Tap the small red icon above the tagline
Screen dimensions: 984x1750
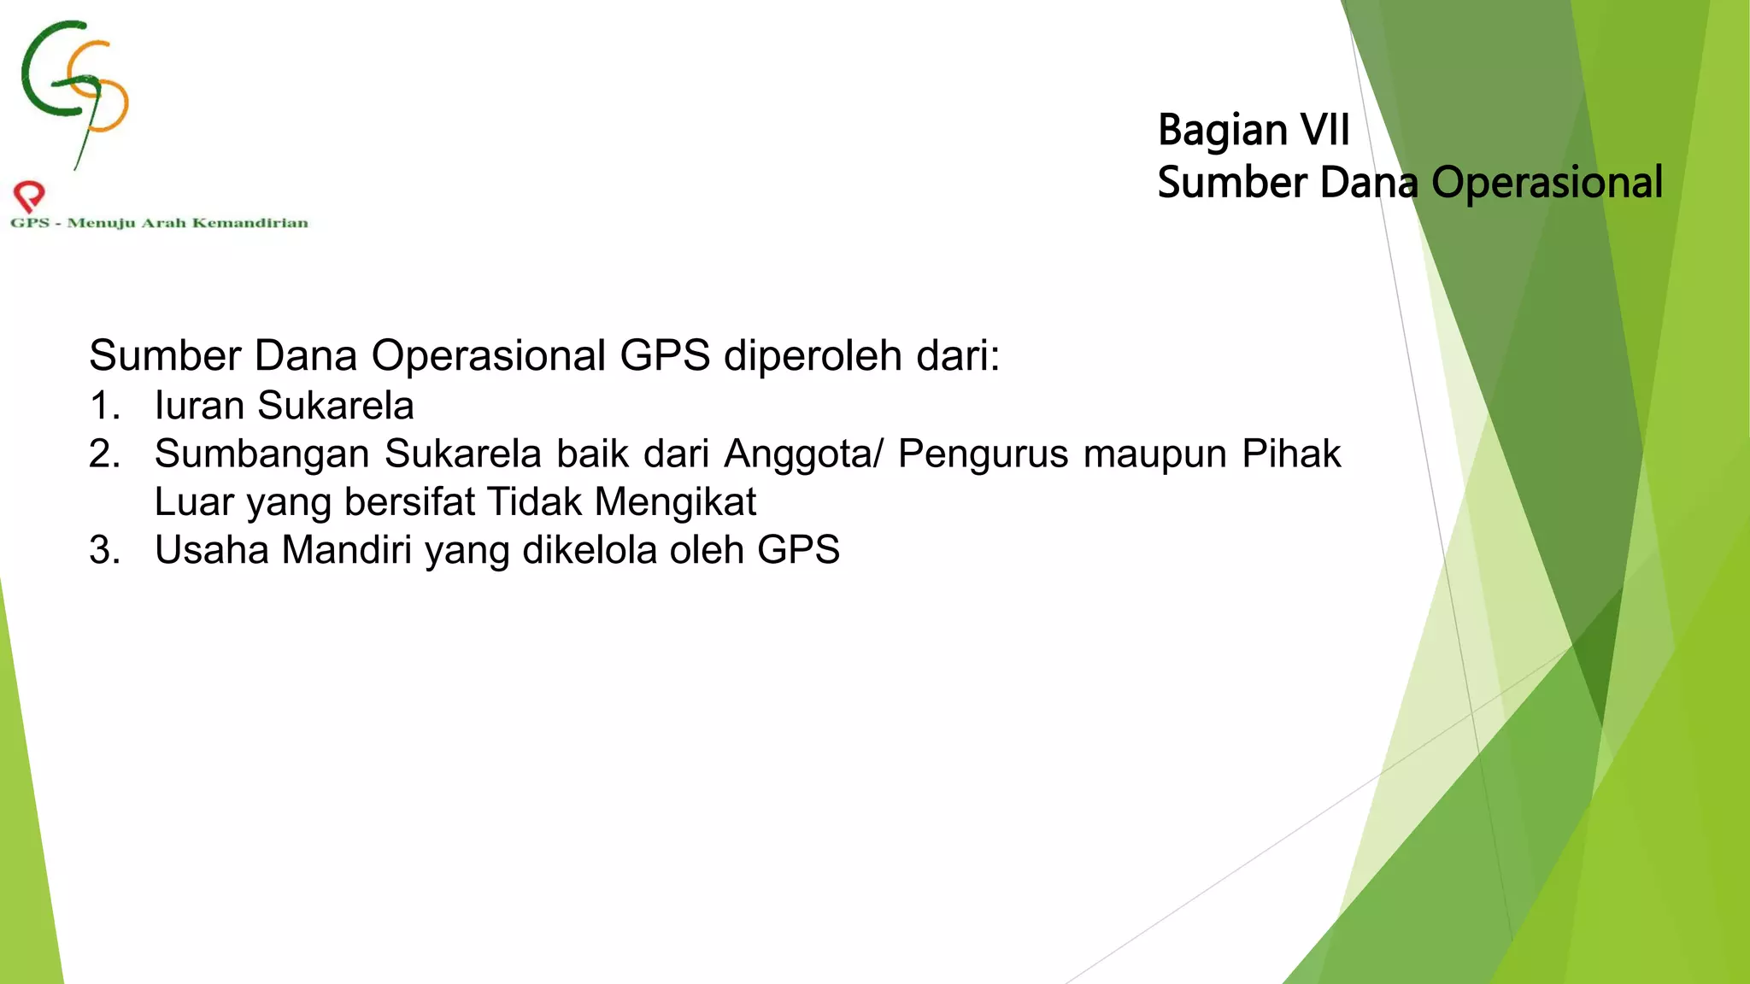click(29, 196)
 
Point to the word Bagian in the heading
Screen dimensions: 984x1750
click(1222, 132)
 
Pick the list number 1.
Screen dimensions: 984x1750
click(103, 406)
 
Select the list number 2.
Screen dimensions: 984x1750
click(103, 454)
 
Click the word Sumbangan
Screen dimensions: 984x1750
click(261, 454)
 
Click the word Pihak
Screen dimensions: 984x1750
click(1291, 454)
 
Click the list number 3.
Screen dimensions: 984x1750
click(103, 550)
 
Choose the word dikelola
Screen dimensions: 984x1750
click(590, 550)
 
